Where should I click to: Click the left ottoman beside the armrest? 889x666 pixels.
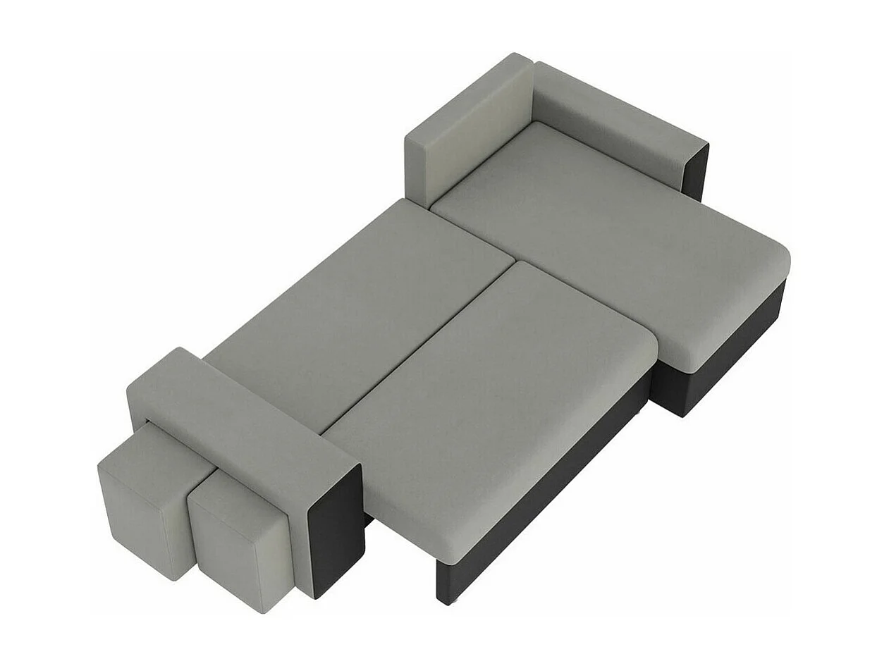[x=145, y=497]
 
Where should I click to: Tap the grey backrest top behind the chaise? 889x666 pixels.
[x=613, y=116]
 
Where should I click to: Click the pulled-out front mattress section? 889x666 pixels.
[x=486, y=395]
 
